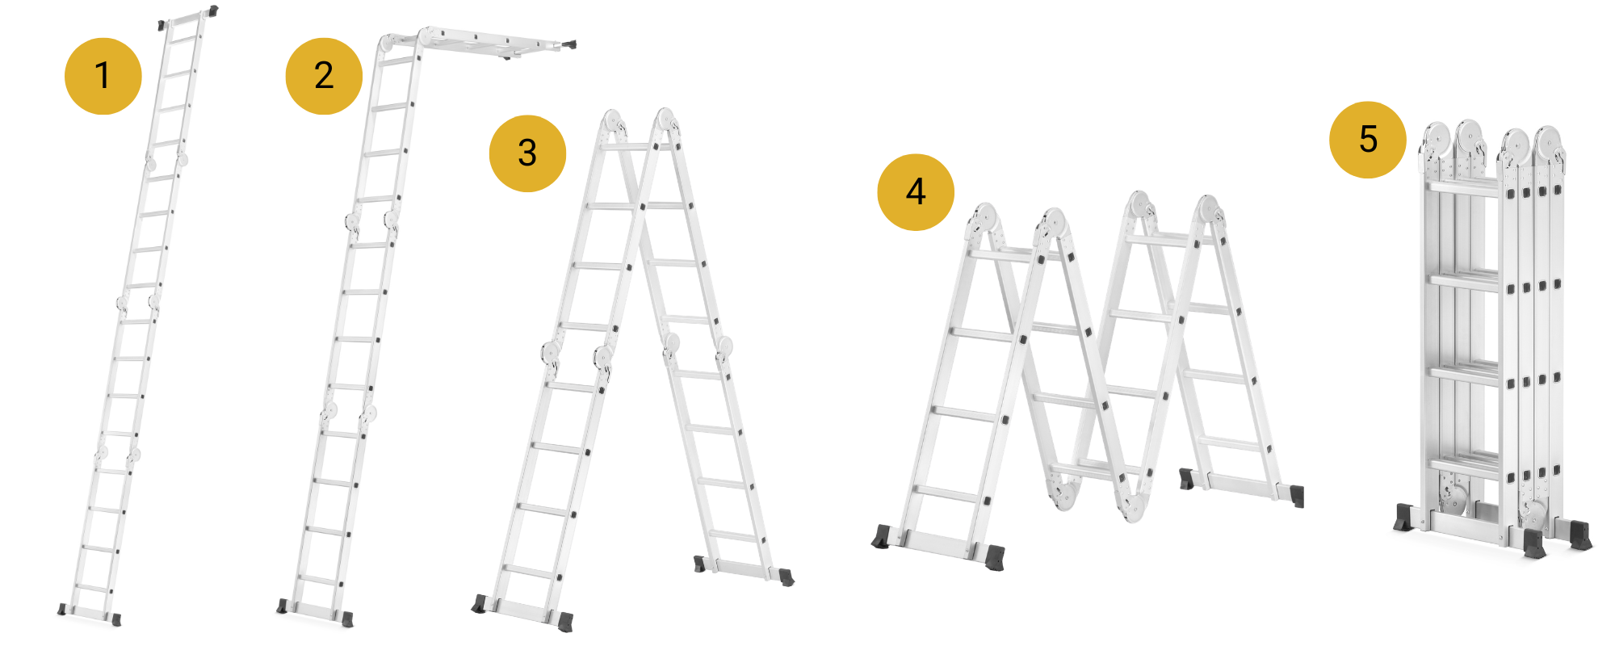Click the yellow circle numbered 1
(103, 76)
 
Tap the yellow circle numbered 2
(324, 76)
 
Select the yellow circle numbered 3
(527, 153)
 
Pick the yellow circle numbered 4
(916, 192)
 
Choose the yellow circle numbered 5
(1368, 140)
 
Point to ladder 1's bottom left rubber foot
(62, 610)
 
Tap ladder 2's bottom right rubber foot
(347, 619)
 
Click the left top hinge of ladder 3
(613, 122)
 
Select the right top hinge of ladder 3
(666, 121)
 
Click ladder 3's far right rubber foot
(786, 577)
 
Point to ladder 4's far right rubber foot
(1297, 496)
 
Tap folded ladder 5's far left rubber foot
(1404, 517)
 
